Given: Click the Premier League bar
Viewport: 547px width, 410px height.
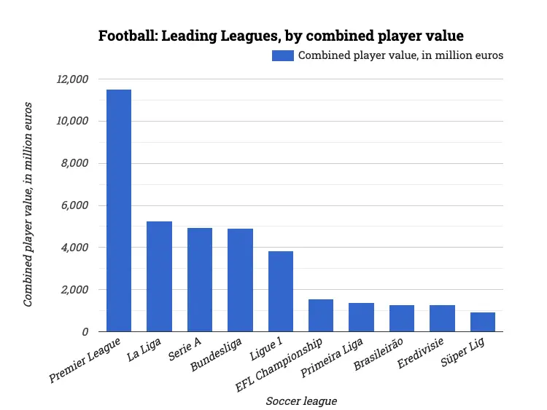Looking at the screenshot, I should coord(119,210).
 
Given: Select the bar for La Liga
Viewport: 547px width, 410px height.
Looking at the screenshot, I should coord(159,277).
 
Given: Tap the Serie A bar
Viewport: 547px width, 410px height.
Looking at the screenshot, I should coord(200,280).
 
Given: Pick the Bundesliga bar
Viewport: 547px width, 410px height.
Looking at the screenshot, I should coord(240,280).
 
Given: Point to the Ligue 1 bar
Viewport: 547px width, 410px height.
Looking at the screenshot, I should coord(281,291).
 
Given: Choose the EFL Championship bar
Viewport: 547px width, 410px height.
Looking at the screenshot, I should coord(321,315).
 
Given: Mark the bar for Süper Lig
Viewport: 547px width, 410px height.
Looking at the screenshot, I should coord(483,322).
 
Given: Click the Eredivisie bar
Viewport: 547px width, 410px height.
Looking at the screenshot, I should coord(442,318).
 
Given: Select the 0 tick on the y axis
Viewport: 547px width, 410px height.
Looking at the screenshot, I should coord(85,332).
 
